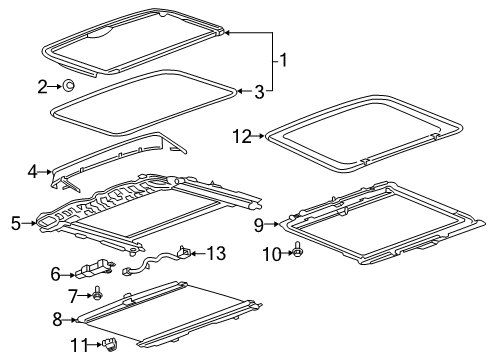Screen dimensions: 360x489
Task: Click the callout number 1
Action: click(x=283, y=62)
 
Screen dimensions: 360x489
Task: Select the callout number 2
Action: click(x=42, y=87)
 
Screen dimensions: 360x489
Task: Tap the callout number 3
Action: click(x=259, y=92)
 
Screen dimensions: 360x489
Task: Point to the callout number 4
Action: click(x=32, y=172)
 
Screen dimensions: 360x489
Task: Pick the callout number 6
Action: click(x=56, y=271)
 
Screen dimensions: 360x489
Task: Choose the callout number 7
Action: click(x=71, y=296)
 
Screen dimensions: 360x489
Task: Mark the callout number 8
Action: click(x=57, y=321)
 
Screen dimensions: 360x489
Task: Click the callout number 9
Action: click(x=258, y=224)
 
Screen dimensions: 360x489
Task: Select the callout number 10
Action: click(x=267, y=254)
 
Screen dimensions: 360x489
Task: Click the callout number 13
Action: click(x=217, y=254)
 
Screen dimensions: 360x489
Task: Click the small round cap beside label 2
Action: click(x=67, y=86)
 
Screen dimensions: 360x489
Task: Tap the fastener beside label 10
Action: click(x=297, y=254)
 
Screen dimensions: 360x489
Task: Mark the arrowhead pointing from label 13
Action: click(x=192, y=254)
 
